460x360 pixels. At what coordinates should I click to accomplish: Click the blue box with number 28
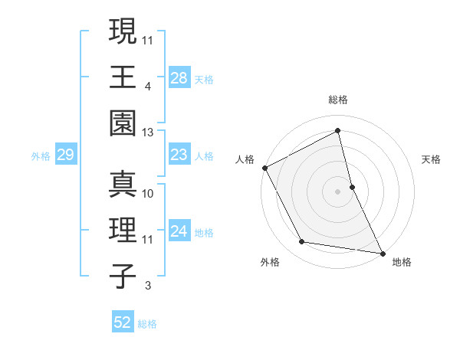[179, 78]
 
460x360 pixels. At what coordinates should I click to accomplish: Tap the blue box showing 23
[179, 155]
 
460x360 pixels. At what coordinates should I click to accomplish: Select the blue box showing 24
[179, 232]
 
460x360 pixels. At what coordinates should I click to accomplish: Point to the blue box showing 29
[65, 155]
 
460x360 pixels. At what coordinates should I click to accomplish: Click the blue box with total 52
[123, 323]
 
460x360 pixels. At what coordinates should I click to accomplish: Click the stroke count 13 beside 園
[149, 133]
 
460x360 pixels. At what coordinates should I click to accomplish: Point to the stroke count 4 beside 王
[147, 86]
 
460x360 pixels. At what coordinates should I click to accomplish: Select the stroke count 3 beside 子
[147, 286]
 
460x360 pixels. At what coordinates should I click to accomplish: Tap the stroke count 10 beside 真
[149, 194]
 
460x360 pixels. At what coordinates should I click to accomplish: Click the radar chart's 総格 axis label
[338, 100]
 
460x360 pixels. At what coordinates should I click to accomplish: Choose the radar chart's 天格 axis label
[431, 159]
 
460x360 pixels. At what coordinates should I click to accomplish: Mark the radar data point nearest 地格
[382, 252]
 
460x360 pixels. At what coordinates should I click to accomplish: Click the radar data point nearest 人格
[264, 167]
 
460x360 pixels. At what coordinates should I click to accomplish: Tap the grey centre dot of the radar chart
[337, 191]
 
